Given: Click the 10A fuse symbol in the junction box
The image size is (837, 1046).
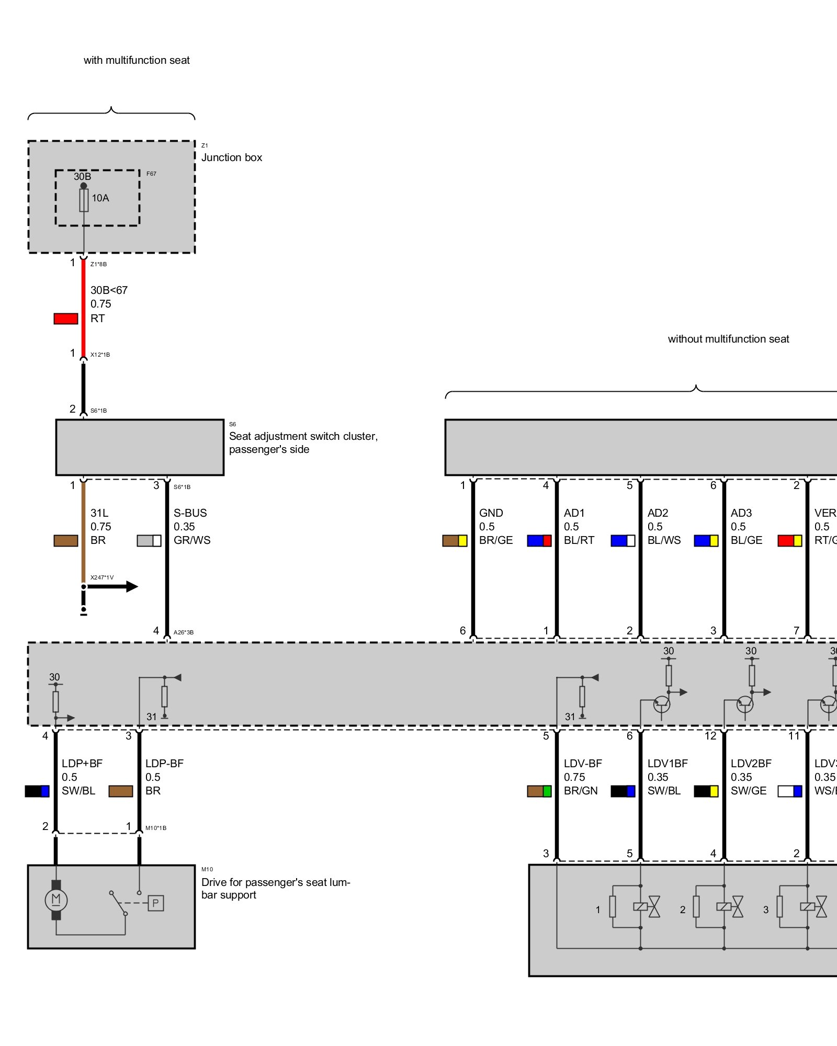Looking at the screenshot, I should click(x=84, y=200).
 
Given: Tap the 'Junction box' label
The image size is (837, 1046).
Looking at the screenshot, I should click(x=231, y=157).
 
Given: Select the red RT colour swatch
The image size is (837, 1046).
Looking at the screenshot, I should click(x=66, y=319).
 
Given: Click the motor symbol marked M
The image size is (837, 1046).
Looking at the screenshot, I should click(x=56, y=900).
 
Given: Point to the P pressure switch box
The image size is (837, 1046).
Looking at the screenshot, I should click(x=155, y=903).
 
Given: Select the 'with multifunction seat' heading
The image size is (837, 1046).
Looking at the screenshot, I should click(x=137, y=60).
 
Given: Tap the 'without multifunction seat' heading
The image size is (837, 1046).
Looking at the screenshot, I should click(x=728, y=339).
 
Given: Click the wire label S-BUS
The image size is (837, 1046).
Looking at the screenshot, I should click(x=190, y=513).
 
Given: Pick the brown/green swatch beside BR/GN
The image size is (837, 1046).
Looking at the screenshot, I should click(x=539, y=791).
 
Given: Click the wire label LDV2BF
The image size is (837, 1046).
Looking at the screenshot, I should click(x=751, y=764).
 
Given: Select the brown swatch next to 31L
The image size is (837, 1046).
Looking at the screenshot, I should click(x=66, y=540).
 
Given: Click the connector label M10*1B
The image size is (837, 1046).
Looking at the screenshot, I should click(x=156, y=828).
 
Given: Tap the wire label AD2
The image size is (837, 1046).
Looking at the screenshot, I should click(x=658, y=513).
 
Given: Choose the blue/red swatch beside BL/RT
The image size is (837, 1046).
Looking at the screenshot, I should click(x=539, y=540).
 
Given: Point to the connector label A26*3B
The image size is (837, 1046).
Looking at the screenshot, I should click(x=184, y=632).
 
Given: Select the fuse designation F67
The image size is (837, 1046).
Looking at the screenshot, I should click(x=151, y=174).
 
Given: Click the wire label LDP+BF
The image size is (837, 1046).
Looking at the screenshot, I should click(x=82, y=764).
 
